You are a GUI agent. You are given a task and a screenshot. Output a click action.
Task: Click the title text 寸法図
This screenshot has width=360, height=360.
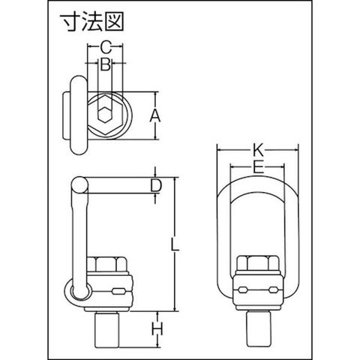pyautogui.click(x=91, y=22)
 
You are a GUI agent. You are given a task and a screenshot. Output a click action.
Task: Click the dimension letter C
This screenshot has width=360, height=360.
pyautogui.click(x=106, y=47)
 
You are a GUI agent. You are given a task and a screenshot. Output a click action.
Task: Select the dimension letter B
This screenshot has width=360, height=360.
pyautogui.click(x=105, y=64)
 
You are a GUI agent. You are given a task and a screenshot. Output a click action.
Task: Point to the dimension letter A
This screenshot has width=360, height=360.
pyautogui.click(x=155, y=115)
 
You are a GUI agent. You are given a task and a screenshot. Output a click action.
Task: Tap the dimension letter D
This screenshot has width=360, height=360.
pyautogui.click(x=156, y=185)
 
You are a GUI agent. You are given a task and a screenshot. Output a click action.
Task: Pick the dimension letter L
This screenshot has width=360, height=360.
pyautogui.click(x=175, y=244)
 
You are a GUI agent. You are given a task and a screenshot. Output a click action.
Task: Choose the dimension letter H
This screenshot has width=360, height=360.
pyautogui.click(x=157, y=328)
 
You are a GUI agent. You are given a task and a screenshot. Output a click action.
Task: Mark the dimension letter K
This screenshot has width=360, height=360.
pyautogui.click(x=257, y=151)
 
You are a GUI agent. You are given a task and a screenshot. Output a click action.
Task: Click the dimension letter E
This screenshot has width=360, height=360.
pyautogui.click(x=258, y=167)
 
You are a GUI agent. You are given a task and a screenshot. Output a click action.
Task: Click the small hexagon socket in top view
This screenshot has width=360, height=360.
pyautogui.click(x=105, y=115)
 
